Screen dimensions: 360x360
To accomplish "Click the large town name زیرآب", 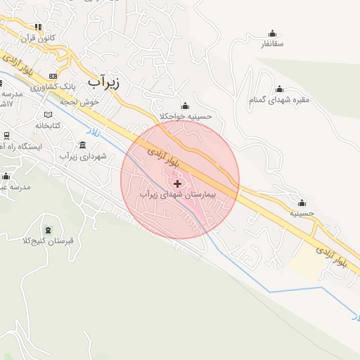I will coord(104,82).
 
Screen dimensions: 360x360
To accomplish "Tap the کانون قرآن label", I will coord(40,37).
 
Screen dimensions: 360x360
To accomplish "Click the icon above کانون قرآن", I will coord(40,27).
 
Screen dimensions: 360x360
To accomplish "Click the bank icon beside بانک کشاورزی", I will coord(53,76).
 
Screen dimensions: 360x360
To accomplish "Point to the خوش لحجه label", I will coord(80,101).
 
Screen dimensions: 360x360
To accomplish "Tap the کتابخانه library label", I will coord(50,124).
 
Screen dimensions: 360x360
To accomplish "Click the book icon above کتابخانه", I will coord(48,114).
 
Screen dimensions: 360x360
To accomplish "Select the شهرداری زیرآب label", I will coord(84,155).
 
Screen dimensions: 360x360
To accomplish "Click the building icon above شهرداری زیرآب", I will coord(83,145).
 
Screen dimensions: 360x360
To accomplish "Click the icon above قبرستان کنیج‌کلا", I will coord(48,230).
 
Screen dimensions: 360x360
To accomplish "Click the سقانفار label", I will coord(272,44).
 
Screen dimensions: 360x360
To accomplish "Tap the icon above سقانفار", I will coord(272,33).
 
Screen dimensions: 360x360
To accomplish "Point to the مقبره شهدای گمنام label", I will coord(279,100).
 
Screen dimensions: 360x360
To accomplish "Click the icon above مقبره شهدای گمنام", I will coord(279,89).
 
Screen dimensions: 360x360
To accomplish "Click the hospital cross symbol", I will coord(176,183).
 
